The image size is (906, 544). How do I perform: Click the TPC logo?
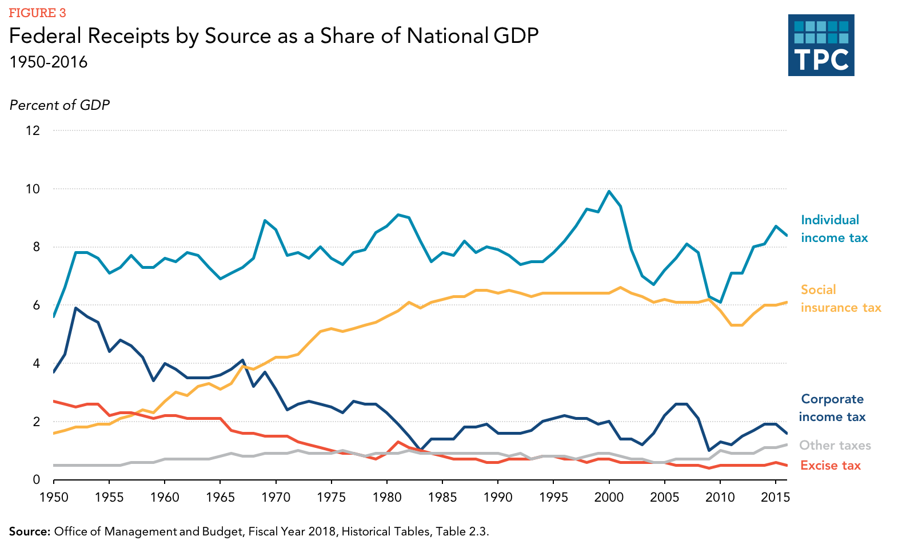point(821,45)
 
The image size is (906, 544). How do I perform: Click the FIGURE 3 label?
point(37,13)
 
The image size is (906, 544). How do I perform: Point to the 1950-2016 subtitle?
point(49,62)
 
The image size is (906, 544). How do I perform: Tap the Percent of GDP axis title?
point(59,105)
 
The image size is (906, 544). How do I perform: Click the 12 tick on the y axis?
point(33,130)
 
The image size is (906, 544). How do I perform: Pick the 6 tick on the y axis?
point(37,305)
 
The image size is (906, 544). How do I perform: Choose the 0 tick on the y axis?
point(37,480)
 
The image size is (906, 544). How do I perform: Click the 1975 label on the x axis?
point(332,497)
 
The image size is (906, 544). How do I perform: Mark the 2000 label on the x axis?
point(609,497)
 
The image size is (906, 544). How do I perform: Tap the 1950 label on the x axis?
point(54,497)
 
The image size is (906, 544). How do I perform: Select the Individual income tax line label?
point(834,229)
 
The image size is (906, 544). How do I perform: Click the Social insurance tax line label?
point(840,299)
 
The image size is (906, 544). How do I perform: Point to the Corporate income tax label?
point(832,408)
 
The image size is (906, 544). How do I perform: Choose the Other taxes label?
point(835,445)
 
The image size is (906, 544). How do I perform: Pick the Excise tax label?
point(830,465)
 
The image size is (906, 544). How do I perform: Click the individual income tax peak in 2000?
point(609,191)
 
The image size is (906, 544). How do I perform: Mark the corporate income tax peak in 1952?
point(75,308)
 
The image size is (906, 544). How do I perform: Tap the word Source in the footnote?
point(29,531)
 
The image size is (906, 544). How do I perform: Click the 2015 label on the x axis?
point(775,497)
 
